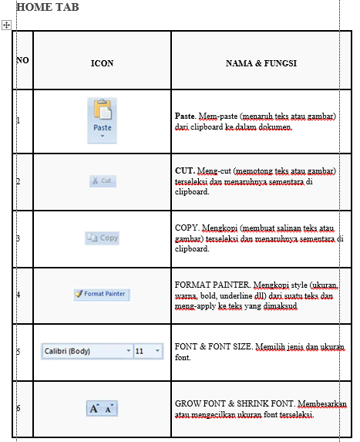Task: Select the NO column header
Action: point(22,60)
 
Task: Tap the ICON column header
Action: point(102,63)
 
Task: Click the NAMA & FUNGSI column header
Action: point(261,63)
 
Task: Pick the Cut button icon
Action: point(102,181)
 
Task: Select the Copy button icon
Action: point(102,238)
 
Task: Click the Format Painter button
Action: point(102,294)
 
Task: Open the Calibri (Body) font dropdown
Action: point(86,351)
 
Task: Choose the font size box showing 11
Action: point(147,351)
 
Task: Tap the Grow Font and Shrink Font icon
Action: point(102,408)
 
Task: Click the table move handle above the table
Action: point(6,25)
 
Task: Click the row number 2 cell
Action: point(19,182)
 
